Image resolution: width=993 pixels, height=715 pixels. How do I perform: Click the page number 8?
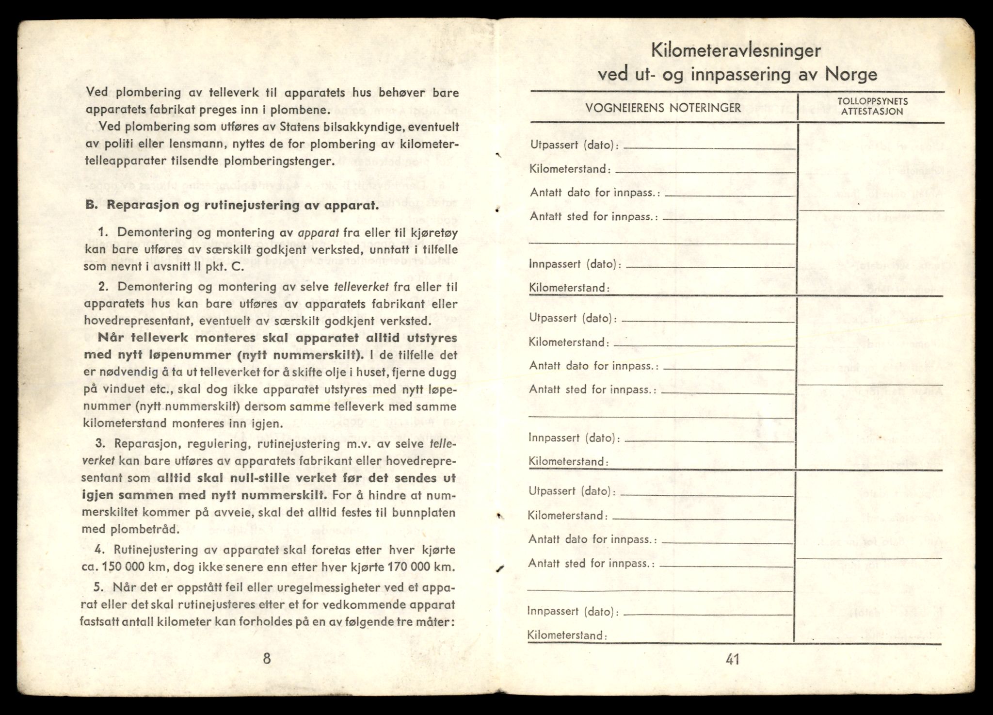click(266, 658)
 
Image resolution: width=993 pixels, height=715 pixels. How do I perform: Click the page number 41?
click(732, 659)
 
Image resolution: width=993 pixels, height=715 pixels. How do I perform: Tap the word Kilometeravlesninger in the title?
click(736, 50)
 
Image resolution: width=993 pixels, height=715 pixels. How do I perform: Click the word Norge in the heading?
click(851, 75)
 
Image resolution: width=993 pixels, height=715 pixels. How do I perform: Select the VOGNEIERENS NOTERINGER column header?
click(663, 108)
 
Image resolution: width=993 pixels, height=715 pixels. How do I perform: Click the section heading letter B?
click(90, 205)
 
